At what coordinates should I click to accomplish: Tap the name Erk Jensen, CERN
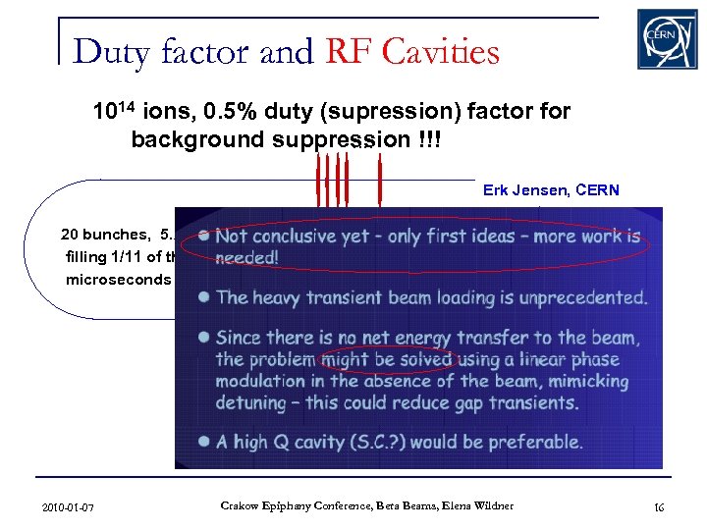point(551,190)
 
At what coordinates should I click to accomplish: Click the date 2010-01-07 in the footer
point(69,506)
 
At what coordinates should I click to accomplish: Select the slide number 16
point(658,506)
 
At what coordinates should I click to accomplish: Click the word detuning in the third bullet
point(257,401)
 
